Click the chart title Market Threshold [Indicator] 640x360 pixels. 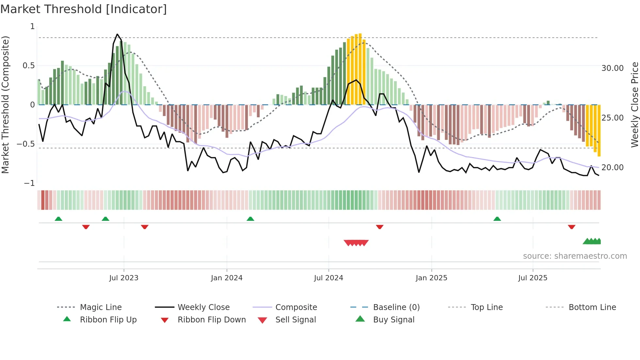pyautogui.click(x=84, y=9)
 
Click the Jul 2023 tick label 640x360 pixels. pyautogui.click(x=124, y=278)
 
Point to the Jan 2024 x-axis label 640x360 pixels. pyautogui.click(x=227, y=278)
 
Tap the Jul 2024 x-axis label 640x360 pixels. pyautogui.click(x=328, y=278)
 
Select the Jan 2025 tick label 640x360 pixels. pyautogui.click(x=431, y=278)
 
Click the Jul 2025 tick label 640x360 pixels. pyautogui.click(x=533, y=278)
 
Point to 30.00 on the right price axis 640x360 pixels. pyautogui.click(x=613, y=68)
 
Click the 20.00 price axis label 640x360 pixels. pyautogui.click(x=613, y=168)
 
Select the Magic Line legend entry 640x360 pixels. pyautogui.click(x=101, y=307)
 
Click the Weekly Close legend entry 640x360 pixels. pyautogui.click(x=203, y=307)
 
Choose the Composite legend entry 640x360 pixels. pyautogui.click(x=296, y=307)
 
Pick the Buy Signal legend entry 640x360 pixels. pyautogui.click(x=393, y=320)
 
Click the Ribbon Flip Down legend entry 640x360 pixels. pyautogui.click(x=212, y=320)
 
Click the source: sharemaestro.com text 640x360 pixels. pyautogui.click(x=575, y=256)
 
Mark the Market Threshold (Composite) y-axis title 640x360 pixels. pyautogui.click(x=5, y=105)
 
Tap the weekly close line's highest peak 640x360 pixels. pyautogui.click(x=117, y=34)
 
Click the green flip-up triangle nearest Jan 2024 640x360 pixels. pyautogui.click(x=250, y=219)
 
